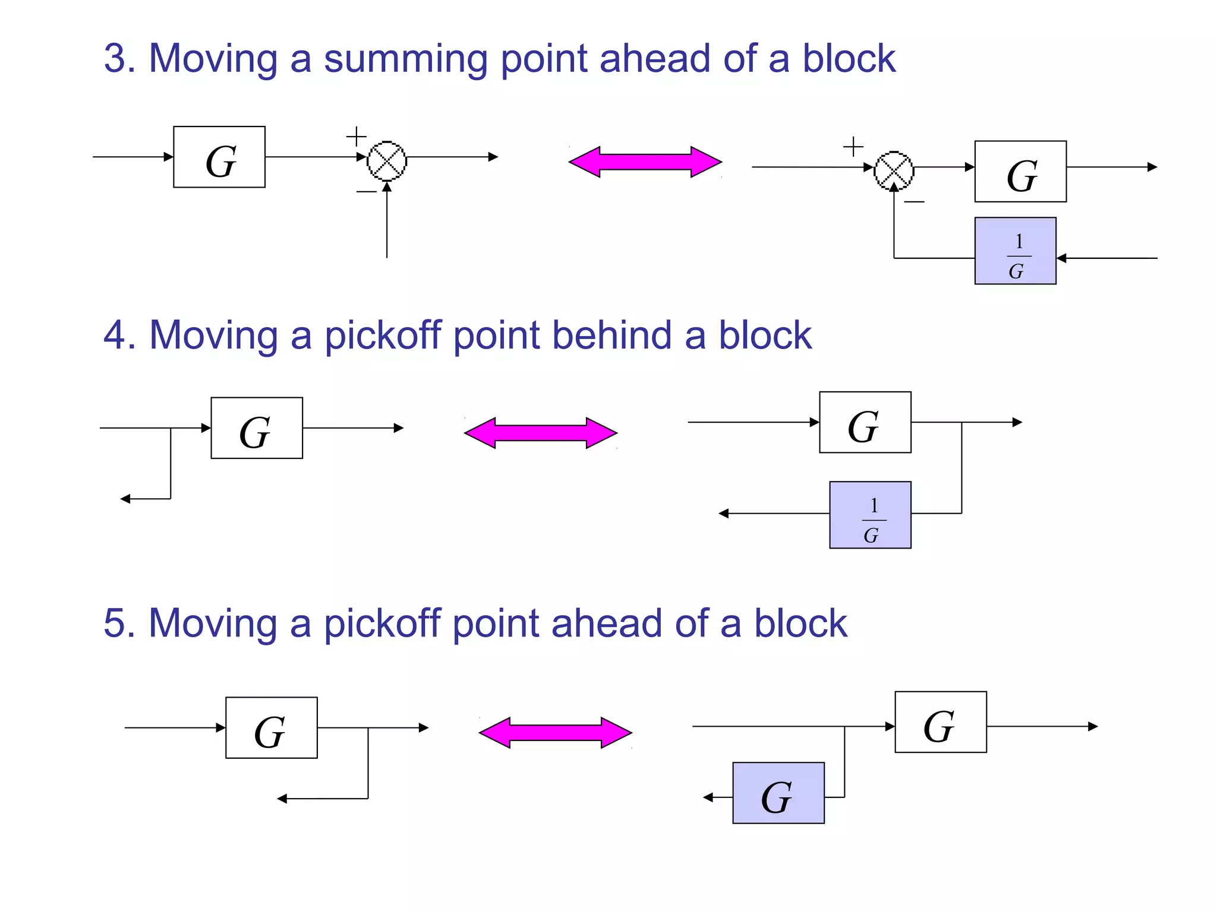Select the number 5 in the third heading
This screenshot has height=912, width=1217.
point(115,623)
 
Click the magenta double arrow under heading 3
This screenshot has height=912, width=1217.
point(645,161)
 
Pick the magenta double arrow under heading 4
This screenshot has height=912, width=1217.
point(541,433)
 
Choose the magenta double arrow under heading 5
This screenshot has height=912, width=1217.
point(556,733)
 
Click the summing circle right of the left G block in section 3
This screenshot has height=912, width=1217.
point(387,160)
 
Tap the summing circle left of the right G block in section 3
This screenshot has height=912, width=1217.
point(894,171)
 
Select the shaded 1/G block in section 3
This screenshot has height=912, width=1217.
point(1015,251)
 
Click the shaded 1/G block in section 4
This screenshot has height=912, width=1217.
point(870,515)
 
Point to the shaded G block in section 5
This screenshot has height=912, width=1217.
point(778,793)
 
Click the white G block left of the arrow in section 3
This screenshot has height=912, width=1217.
point(219,157)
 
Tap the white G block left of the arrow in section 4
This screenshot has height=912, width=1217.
point(257,428)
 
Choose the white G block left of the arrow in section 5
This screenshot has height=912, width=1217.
point(272,728)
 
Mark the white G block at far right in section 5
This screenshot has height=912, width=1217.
point(941,722)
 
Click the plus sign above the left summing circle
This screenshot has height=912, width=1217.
point(356,137)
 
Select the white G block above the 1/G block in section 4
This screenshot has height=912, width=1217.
point(865,422)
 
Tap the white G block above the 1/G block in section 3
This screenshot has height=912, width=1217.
point(1020,172)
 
